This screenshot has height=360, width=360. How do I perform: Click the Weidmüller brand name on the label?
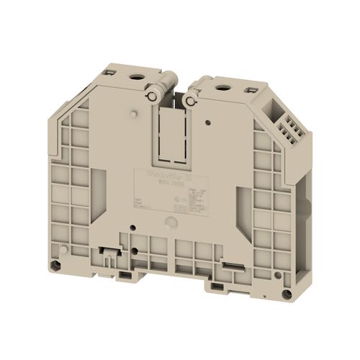point(167,174)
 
